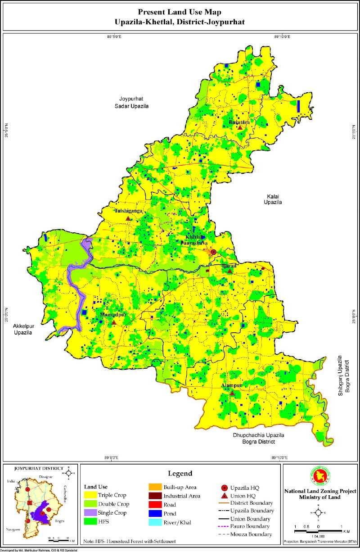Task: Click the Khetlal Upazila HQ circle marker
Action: (214, 252)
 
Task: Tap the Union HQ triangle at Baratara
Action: (240, 128)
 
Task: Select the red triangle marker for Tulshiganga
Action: (128, 218)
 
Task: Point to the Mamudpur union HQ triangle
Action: (114, 322)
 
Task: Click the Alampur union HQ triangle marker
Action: (232, 393)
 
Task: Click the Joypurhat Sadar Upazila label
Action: (131, 102)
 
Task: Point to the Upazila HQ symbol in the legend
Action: (224, 488)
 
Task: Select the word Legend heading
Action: (180, 474)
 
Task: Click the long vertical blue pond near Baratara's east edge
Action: (298, 106)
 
